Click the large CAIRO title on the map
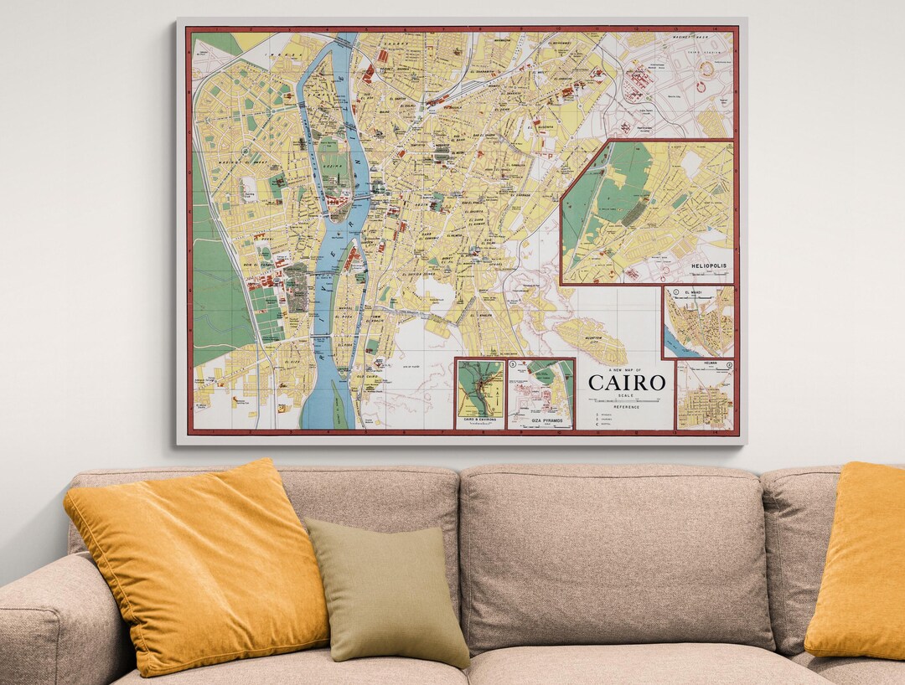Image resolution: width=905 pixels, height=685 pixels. tap(627, 383)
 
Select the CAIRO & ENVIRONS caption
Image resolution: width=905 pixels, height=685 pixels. tap(480, 419)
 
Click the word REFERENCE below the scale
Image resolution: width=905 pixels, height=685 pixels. tap(627, 408)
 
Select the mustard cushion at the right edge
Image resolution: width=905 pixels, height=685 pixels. tap(859, 561)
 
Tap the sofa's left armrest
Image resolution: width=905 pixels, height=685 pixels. tap(59, 620)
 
